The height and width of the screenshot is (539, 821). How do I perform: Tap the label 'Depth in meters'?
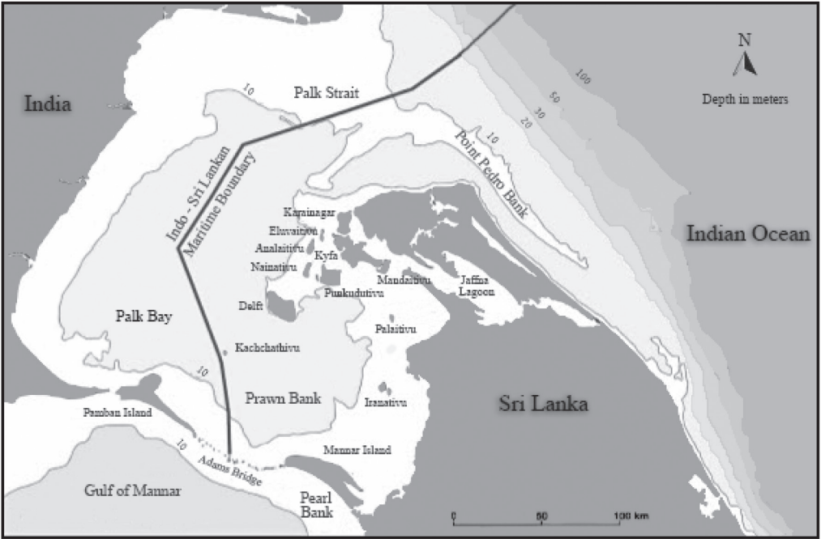pos(746,99)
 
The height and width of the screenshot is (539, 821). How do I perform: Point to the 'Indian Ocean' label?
pos(748,235)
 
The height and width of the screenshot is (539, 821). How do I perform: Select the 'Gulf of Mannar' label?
pos(133,490)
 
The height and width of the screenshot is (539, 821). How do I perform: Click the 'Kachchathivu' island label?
pos(267,348)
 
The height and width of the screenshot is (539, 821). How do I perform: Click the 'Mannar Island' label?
pos(357,450)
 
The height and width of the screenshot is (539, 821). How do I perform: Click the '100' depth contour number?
pos(580,77)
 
